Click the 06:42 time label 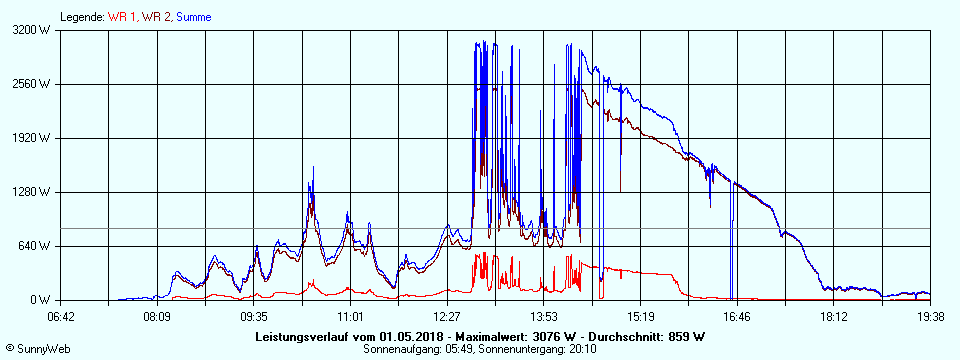(60, 317)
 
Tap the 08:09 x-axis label (157, 317)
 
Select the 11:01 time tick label (350, 317)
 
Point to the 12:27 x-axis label (447, 317)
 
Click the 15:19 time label (640, 317)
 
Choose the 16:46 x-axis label (737, 317)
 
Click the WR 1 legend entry (122, 17)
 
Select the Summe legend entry (194, 17)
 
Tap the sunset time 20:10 (586, 349)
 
